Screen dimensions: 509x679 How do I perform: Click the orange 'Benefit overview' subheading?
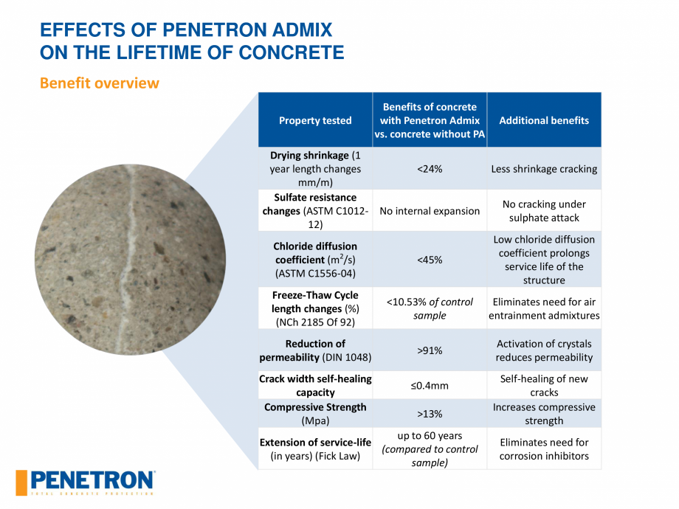pos(99,83)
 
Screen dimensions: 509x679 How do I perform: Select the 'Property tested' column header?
pos(315,120)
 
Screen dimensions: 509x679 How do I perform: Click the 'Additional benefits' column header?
pos(544,120)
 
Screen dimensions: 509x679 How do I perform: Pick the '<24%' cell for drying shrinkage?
pos(430,169)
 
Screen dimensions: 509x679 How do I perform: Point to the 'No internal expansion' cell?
pos(430,211)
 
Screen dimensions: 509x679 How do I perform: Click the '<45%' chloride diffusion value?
pos(430,260)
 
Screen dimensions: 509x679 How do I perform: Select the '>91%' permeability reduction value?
pos(430,350)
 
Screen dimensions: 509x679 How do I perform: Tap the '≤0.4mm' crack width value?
pos(430,385)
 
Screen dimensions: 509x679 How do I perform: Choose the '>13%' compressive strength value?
pos(430,414)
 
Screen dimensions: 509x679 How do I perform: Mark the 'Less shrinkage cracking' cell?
pos(544,169)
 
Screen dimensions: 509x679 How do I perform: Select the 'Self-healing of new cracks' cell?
pos(544,385)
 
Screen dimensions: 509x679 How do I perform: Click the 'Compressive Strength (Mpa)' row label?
pos(315,414)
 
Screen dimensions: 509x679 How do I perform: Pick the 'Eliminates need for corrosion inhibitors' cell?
pos(544,449)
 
